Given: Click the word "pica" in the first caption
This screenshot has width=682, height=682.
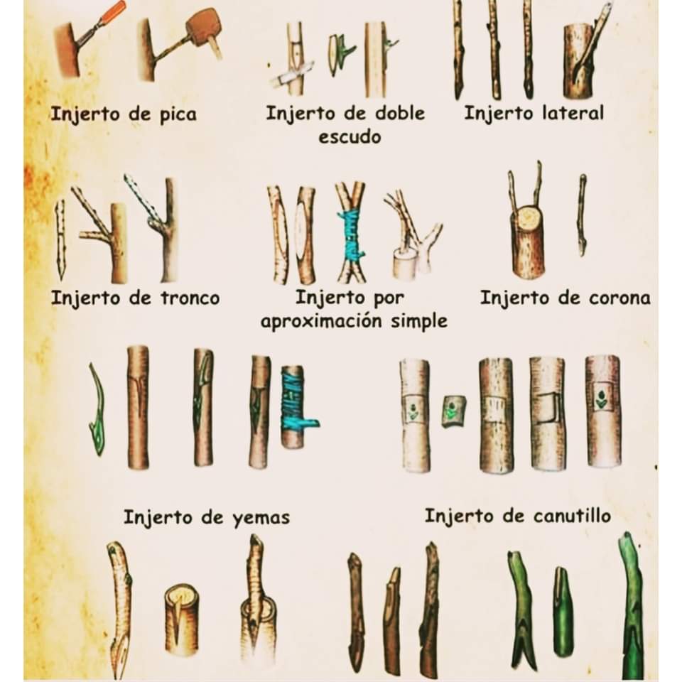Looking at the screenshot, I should (x=174, y=114).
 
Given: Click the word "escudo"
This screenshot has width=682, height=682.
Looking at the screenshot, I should (x=350, y=136).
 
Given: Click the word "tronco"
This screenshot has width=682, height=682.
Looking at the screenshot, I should (x=187, y=298).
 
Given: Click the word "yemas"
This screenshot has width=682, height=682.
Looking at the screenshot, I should (x=261, y=517).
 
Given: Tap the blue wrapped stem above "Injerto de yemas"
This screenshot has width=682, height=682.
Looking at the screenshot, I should (x=293, y=406).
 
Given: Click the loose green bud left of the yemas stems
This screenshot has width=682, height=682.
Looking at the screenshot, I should (x=97, y=412).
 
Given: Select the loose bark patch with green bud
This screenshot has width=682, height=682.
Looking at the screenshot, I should (x=454, y=411).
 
